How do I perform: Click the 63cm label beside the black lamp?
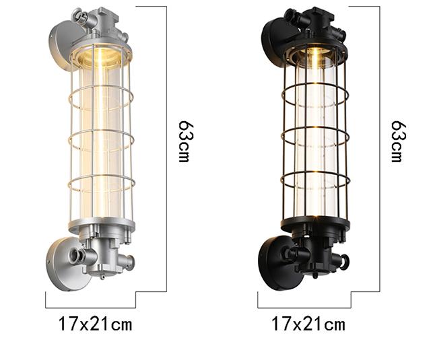tap(397, 141)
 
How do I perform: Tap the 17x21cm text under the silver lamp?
tap(95, 324)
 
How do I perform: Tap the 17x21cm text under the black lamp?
tap(308, 324)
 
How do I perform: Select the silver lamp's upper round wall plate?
tap(62, 41)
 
